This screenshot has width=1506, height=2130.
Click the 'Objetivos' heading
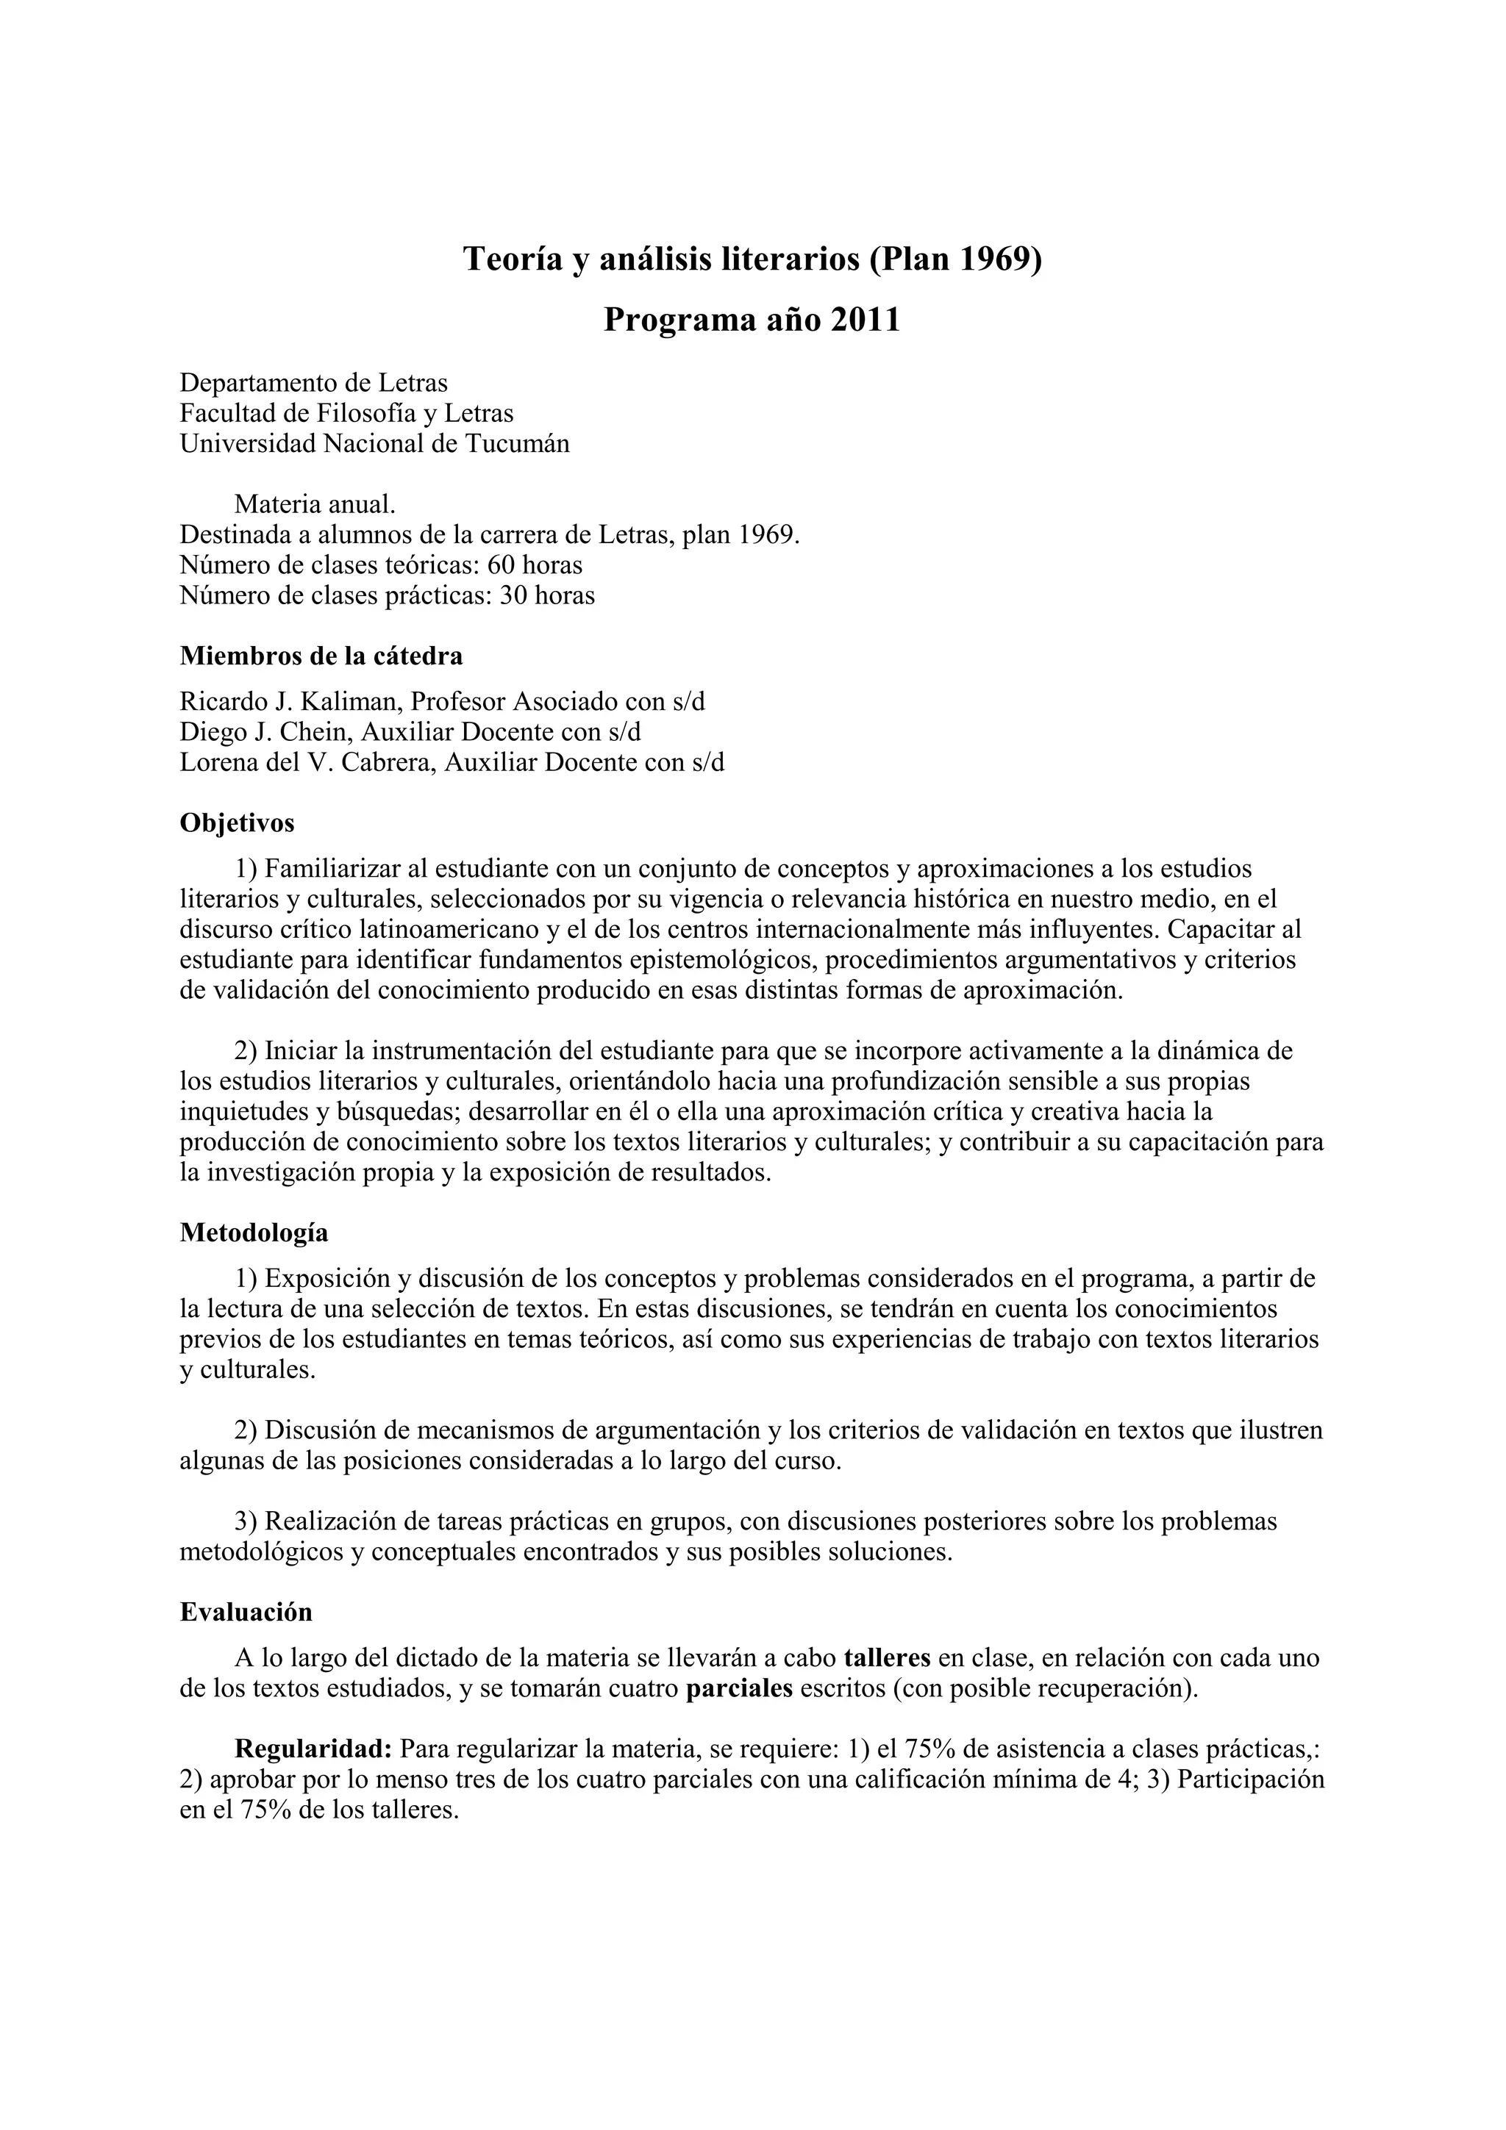pyautogui.click(x=237, y=823)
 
